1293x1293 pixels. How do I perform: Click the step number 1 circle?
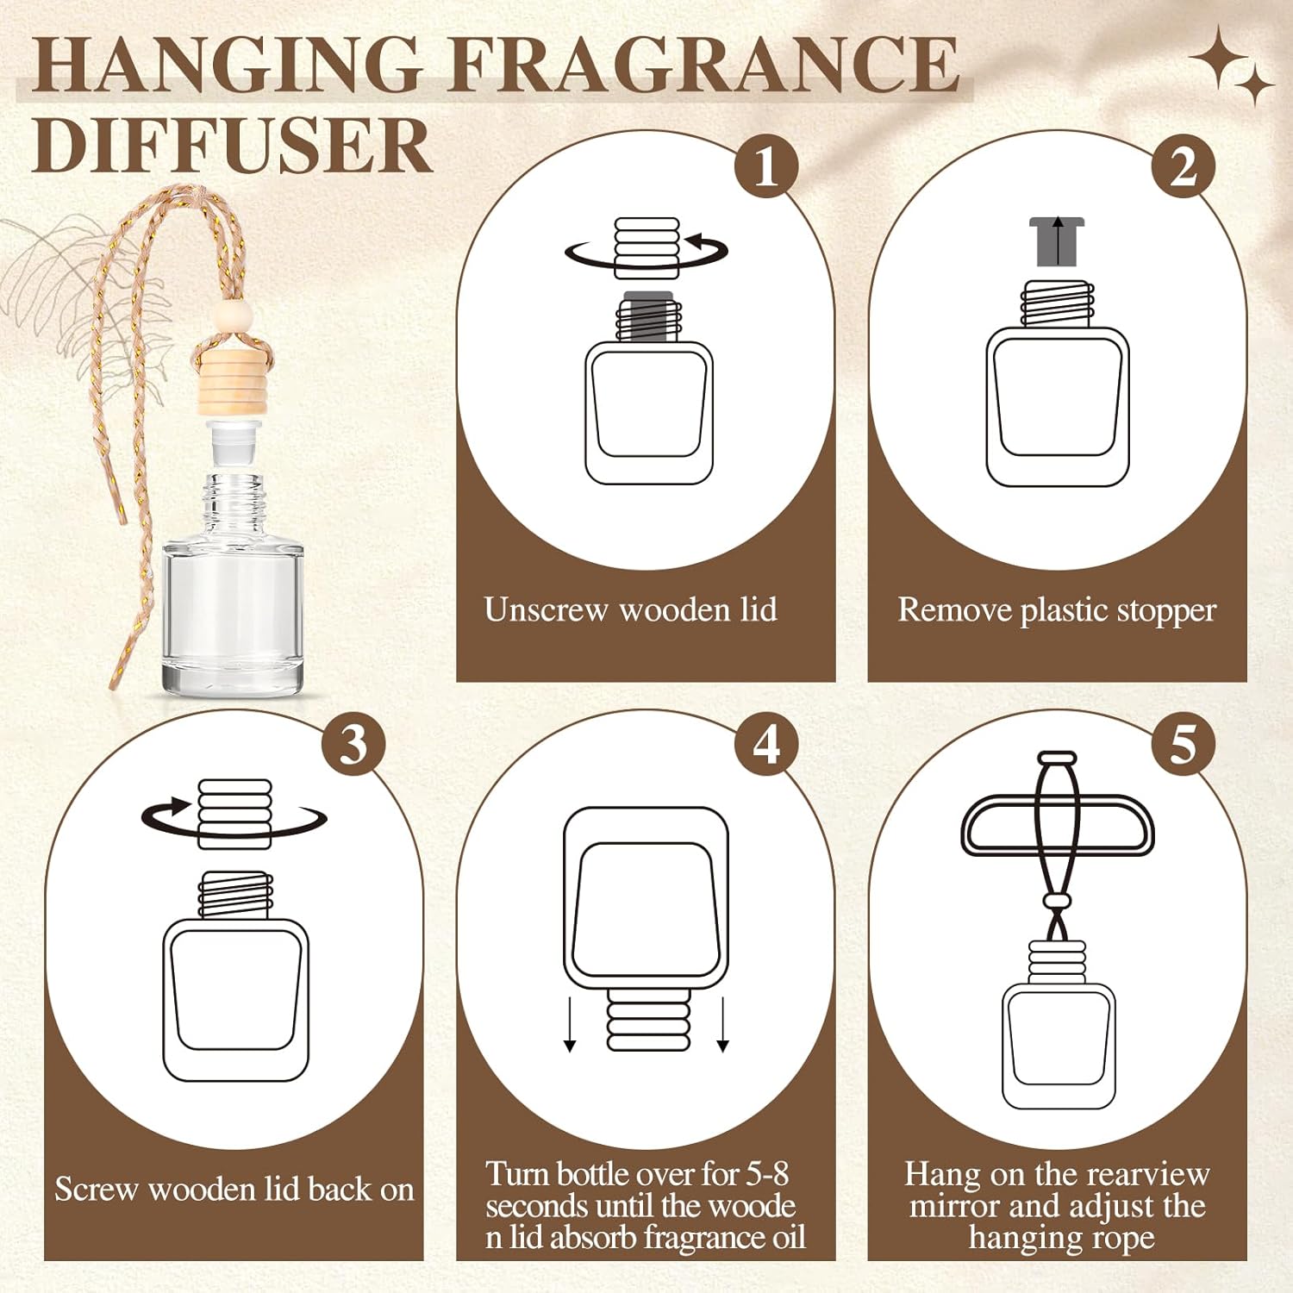pos(766,166)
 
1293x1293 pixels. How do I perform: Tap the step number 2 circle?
pos(1184,166)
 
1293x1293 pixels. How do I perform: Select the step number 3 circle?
pos(353,744)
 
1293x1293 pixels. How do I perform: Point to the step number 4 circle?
pos(766,744)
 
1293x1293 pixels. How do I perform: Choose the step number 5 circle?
pos(1184,744)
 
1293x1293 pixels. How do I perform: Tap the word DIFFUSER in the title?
pos(233,146)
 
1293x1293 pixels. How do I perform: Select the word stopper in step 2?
pos(1166,611)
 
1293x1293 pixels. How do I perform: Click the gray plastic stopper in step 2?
pos(1058,241)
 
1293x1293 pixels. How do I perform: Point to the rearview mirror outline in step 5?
pos(1058,825)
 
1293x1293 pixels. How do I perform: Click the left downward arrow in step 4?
pos(570,1024)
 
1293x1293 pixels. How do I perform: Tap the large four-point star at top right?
pos(1219,56)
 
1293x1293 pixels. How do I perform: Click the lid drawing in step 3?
pos(234,813)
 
